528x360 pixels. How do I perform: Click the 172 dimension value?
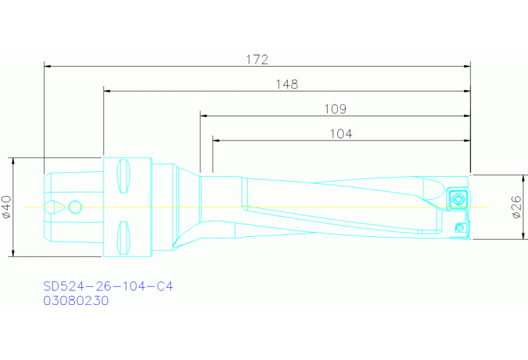tap(257, 60)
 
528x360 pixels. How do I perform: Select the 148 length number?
tap(286, 84)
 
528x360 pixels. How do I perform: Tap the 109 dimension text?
tap(335, 109)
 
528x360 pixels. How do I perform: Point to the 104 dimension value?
tap(341, 134)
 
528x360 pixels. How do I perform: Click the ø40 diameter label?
tap(7, 207)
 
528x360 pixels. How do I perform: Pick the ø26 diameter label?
tap(517, 207)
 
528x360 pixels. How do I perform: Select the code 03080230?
tap(76, 300)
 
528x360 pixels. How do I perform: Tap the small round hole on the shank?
tap(75, 206)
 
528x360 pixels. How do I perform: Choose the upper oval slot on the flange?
tap(123, 177)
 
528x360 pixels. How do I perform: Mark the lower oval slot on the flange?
tap(123, 236)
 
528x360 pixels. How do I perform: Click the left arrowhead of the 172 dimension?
tap(47, 67)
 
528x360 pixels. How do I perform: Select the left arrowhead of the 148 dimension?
tap(107, 91)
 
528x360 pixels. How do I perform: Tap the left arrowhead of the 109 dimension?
tap(204, 116)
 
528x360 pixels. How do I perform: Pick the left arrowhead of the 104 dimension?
tap(216, 140)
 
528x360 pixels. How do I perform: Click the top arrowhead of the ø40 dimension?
tap(14, 161)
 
